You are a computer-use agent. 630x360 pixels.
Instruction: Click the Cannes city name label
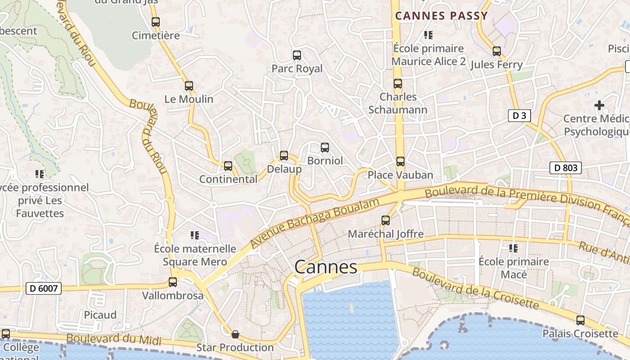click(326, 267)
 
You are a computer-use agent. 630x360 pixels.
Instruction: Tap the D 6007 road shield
click(43, 288)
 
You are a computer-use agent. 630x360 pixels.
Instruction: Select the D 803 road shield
click(566, 168)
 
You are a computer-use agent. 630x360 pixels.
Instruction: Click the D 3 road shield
click(519, 116)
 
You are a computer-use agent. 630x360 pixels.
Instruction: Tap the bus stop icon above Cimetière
click(156, 22)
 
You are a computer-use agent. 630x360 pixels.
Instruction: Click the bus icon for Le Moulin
click(189, 85)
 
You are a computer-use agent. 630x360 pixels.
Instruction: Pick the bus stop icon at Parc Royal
click(297, 55)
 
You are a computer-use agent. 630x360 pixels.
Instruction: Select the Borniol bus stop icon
click(325, 147)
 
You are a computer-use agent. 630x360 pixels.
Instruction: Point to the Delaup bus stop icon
click(284, 156)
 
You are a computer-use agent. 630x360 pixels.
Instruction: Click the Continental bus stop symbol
click(228, 166)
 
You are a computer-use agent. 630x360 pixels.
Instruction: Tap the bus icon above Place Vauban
click(400, 161)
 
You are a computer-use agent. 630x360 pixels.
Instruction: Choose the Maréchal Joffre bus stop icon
click(386, 220)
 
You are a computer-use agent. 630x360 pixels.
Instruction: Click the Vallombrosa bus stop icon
click(173, 282)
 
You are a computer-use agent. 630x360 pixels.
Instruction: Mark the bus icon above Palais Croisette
click(580, 320)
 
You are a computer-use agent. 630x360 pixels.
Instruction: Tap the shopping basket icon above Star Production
click(235, 334)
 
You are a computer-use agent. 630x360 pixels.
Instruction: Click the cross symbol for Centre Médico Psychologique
click(599, 105)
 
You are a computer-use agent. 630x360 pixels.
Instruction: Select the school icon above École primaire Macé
click(513, 248)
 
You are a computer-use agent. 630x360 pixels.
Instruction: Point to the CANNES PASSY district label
click(441, 16)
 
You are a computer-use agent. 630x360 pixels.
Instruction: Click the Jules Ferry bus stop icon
click(497, 51)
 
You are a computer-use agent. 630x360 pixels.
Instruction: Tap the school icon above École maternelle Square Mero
click(195, 235)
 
